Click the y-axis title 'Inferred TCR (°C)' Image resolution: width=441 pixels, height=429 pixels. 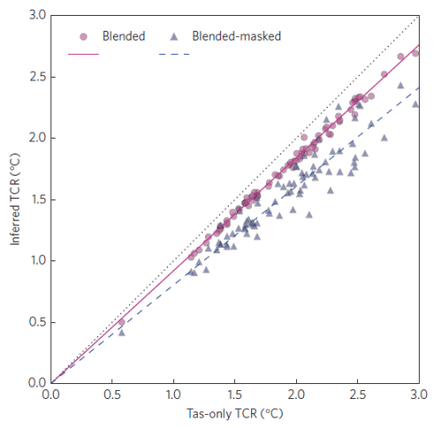[x=17, y=199]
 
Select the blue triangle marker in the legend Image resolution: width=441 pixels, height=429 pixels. [x=175, y=37]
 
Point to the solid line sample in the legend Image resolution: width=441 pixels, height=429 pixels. [x=83, y=54]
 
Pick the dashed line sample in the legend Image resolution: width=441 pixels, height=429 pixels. [x=175, y=54]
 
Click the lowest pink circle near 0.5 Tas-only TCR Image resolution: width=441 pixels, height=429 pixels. [x=121, y=322]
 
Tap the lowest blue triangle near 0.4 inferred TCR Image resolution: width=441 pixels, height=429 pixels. [x=121, y=332]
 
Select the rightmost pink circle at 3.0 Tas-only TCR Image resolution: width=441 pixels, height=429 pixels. [x=416, y=53]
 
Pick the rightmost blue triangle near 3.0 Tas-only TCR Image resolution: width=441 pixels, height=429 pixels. [x=415, y=103]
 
